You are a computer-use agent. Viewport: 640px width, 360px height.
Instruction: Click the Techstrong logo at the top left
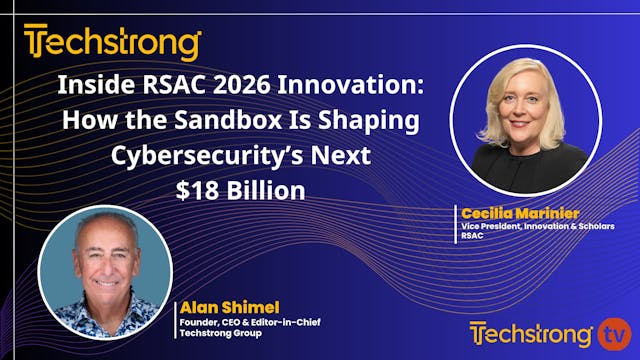(112, 43)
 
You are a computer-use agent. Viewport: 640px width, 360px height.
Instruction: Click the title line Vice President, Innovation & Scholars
(538, 226)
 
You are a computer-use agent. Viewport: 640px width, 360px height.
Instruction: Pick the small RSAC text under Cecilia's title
(472, 237)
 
